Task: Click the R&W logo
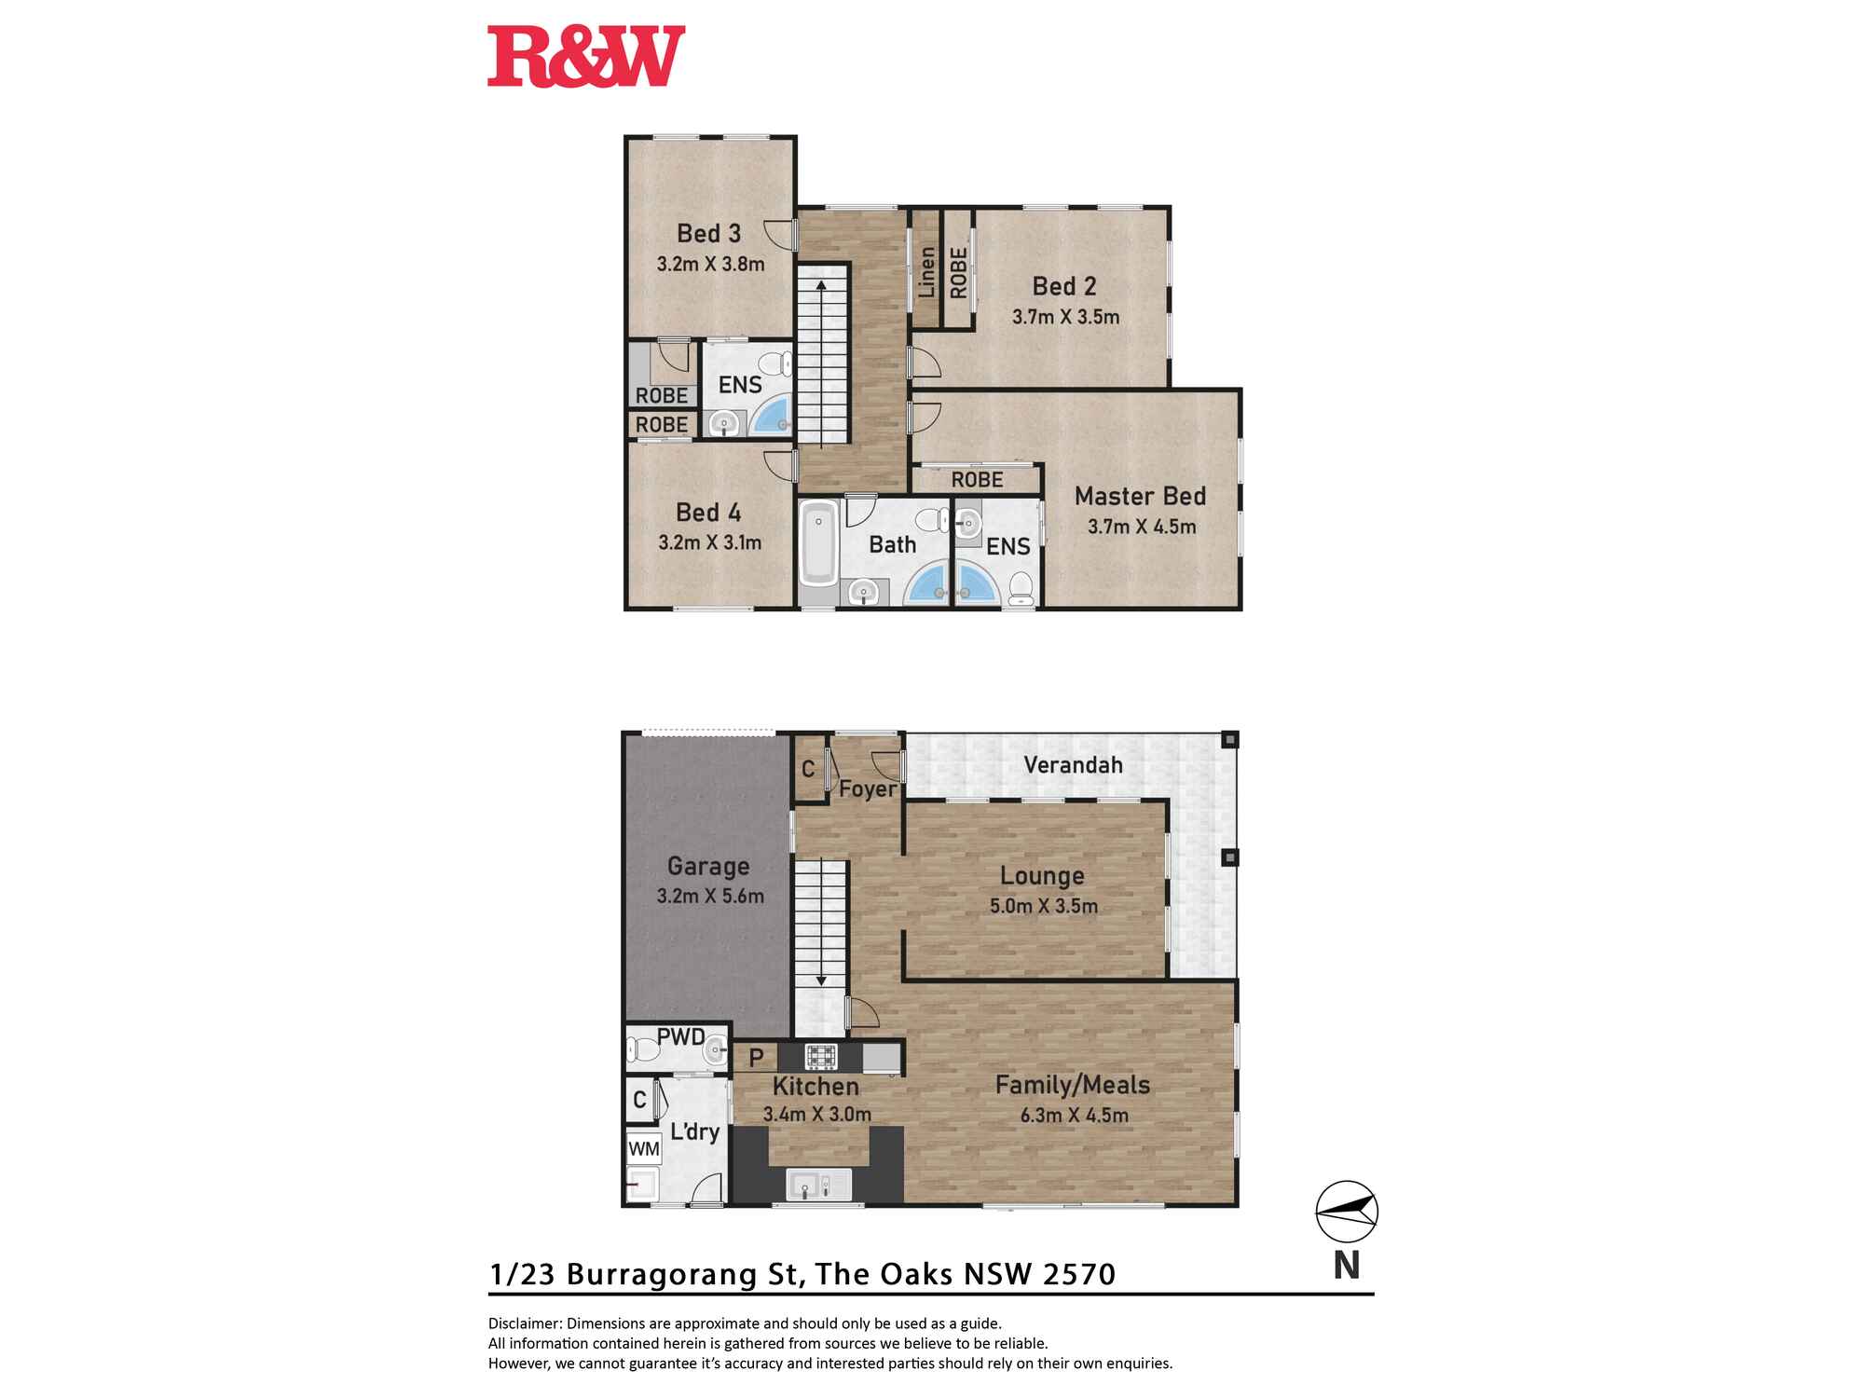click(586, 57)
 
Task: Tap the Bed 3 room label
click(708, 233)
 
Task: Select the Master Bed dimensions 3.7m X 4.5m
click(1142, 527)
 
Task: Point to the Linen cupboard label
click(926, 272)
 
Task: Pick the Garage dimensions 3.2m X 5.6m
click(710, 897)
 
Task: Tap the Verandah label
click(1073, 765)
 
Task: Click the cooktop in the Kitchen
click(821, 1057)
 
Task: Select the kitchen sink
click(819, 1185)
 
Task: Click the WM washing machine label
click(644, 1148)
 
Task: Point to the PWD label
click(680, 1036)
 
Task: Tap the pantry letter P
click(757, 1058)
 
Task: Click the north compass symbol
click(1347, 1212)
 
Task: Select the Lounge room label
click(1042, 876)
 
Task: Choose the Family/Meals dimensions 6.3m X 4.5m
click(1075, 1115)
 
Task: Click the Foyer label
click(868, 789)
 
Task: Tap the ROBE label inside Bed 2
click(958, 272)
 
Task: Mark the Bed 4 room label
click(708, 513)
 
